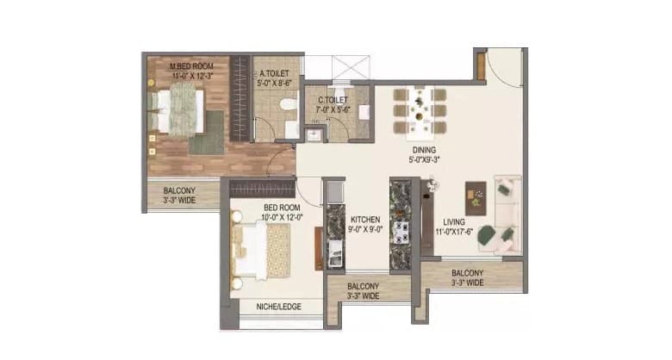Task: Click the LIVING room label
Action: coord(454,221)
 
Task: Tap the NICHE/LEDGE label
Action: coord(279,307)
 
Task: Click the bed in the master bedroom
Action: coord(180,111)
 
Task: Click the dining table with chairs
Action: coord(420,111)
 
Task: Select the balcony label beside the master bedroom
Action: coord(179,196)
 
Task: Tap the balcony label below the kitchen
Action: coord(364,291)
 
